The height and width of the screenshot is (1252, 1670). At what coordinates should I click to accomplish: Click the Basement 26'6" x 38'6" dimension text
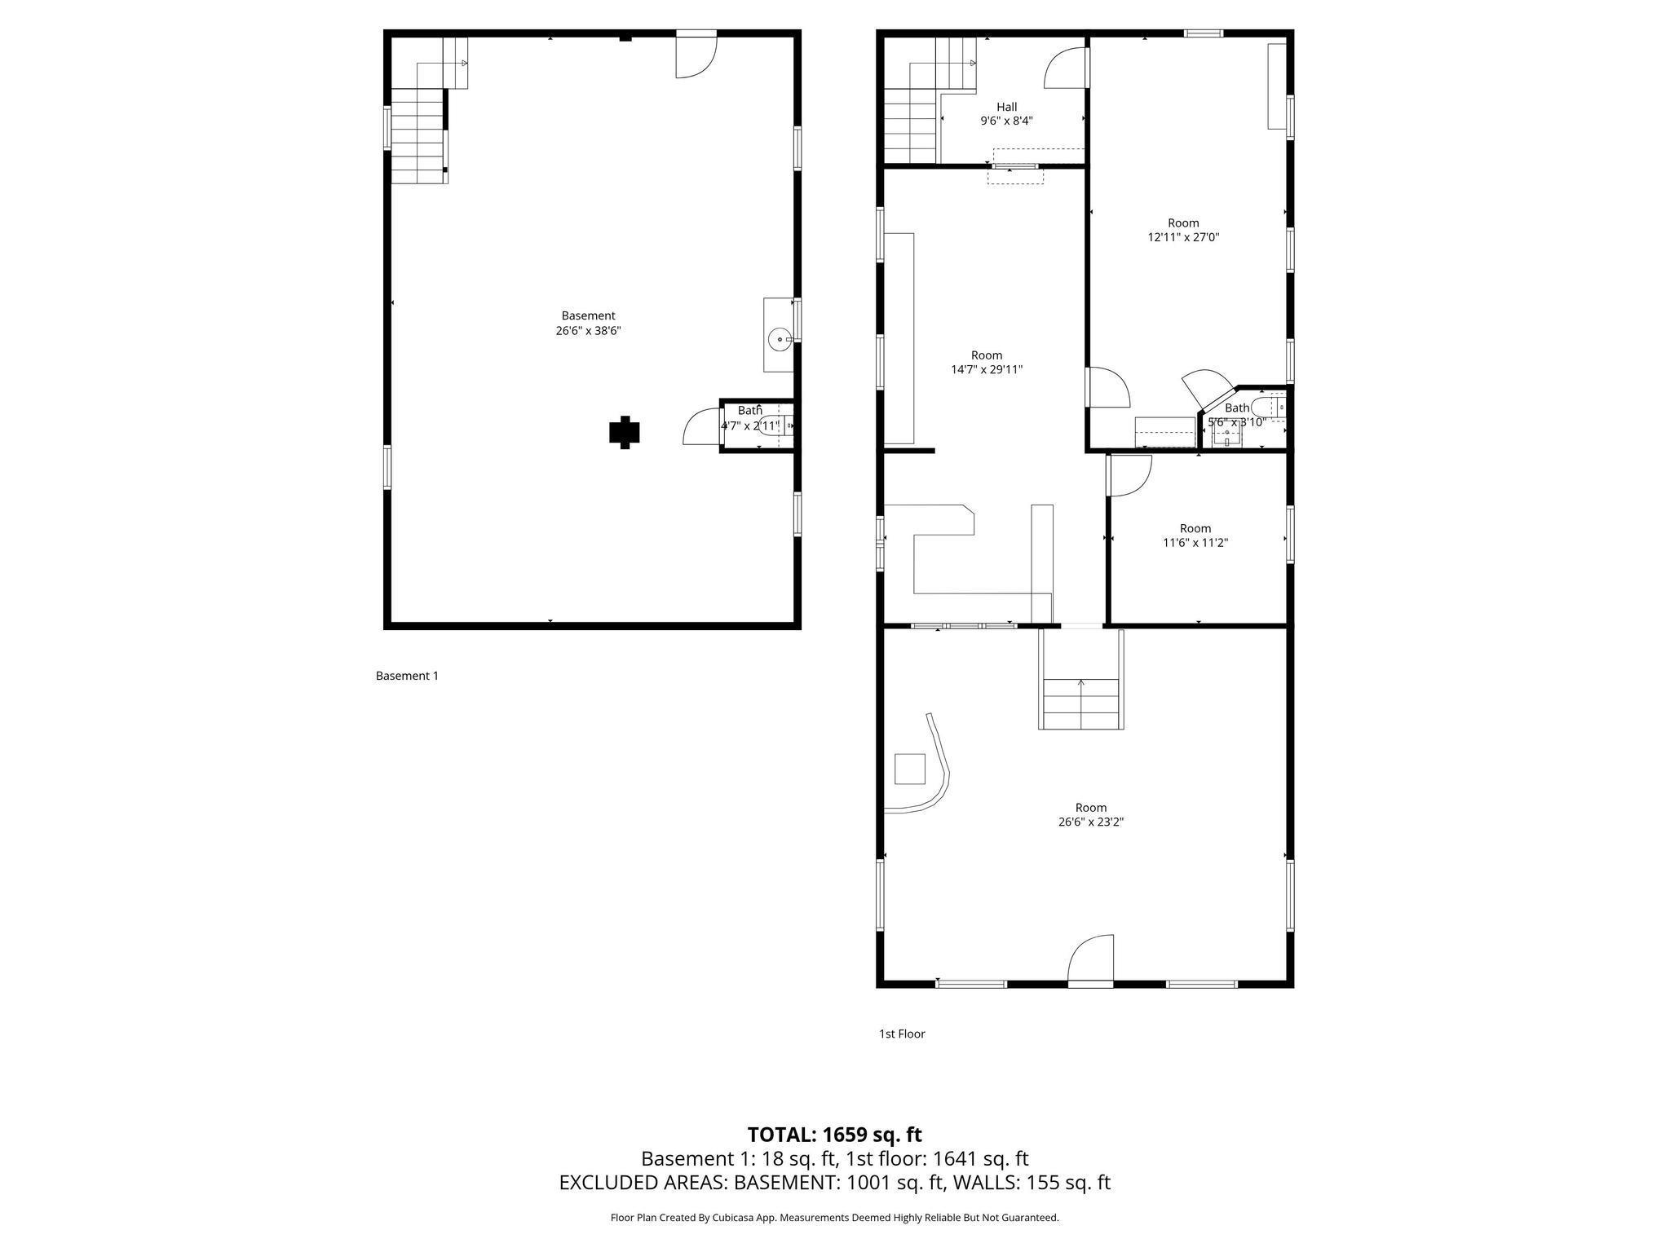click(x=588, y=331)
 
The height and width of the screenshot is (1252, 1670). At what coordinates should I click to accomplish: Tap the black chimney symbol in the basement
click(x=625, y=432)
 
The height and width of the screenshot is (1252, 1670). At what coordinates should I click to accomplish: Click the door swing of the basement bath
click(x=701, y=426)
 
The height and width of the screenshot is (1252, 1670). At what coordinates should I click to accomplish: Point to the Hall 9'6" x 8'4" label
click(x=1007, y=113)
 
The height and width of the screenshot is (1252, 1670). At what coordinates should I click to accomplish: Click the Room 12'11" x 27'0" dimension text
click(x=1183, y=237)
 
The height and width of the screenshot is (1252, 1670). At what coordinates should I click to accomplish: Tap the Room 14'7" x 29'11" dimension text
click(x=987, y=369)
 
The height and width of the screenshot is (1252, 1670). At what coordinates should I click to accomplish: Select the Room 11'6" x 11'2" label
click(x=1195, y=535)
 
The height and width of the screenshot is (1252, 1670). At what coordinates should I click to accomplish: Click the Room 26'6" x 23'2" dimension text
click(x=1091, y=822)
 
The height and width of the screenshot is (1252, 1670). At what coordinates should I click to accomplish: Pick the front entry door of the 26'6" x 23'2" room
click(x=1091, y=960)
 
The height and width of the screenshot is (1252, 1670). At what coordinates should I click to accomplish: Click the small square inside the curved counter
click(x=910, y=769)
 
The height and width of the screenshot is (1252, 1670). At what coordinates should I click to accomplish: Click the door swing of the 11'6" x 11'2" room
click(x=1129, y=475)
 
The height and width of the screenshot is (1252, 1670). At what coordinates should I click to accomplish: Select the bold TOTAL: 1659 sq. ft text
click(x=835, y=1134)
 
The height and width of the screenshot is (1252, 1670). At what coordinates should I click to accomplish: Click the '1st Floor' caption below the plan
click(x=902, y=1034)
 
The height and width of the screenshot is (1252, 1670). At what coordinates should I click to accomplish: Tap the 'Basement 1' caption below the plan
click(x=407, y=676)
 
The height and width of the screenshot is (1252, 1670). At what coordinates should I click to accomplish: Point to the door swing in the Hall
click(x=1065, y=68)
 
